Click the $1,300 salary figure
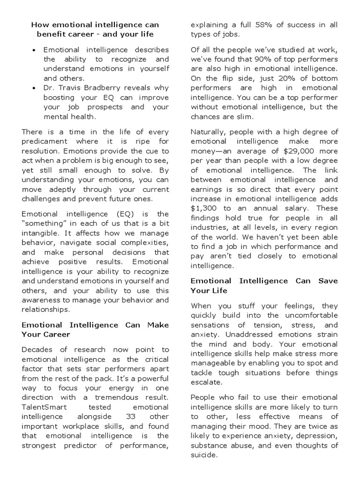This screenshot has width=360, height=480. click(202, 208)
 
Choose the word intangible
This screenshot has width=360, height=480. click(40, 233)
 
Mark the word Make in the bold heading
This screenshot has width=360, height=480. click(157, 325)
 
